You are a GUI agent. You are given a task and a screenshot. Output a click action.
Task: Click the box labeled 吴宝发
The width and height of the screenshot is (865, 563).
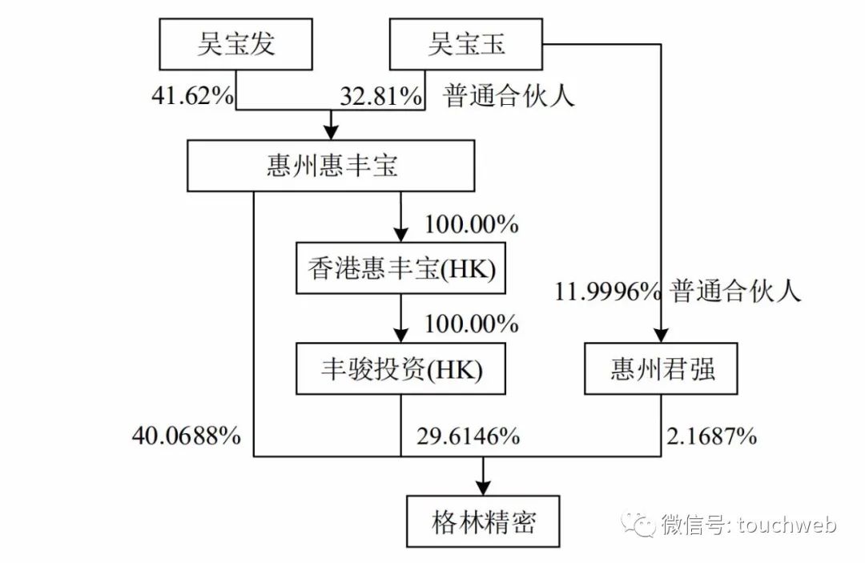coord(235,43)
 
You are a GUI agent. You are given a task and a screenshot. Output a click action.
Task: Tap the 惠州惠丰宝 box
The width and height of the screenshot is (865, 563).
coord(332,167)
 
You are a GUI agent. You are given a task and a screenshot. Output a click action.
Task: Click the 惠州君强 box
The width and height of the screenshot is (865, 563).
coord(661,369)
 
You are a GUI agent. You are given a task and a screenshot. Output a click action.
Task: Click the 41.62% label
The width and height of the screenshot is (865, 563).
coord(192,96)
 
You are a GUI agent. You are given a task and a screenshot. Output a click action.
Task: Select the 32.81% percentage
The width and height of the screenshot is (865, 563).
coord(380,96)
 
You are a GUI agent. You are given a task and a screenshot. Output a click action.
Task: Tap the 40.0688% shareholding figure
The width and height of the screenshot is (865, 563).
coord(186,436)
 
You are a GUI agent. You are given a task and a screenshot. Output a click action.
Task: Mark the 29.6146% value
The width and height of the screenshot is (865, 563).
coord(468,436)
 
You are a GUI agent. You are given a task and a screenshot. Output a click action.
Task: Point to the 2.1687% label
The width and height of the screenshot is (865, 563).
coord(711,436)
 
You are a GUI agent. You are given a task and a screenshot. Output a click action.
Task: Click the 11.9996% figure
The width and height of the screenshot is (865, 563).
coord(606,292)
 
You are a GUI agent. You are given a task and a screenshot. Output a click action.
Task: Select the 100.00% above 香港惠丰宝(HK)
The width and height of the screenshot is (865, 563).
coord(472,224)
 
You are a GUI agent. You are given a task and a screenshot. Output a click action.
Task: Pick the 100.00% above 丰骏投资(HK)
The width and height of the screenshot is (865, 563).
coord(472,324)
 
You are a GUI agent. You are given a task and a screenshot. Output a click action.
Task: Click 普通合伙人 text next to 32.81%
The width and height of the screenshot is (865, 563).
coord(510,96)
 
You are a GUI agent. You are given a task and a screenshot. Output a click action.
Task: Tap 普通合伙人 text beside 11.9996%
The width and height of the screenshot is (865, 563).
coord(736,292)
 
